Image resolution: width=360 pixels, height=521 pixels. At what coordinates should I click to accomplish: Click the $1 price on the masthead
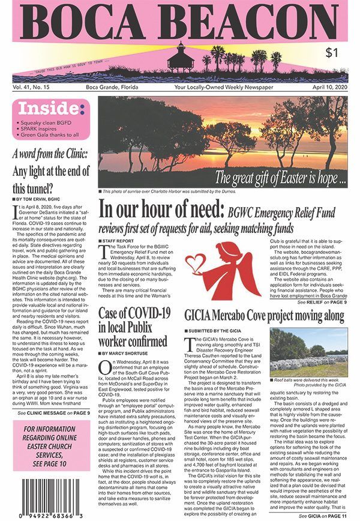tap(331, 53)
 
